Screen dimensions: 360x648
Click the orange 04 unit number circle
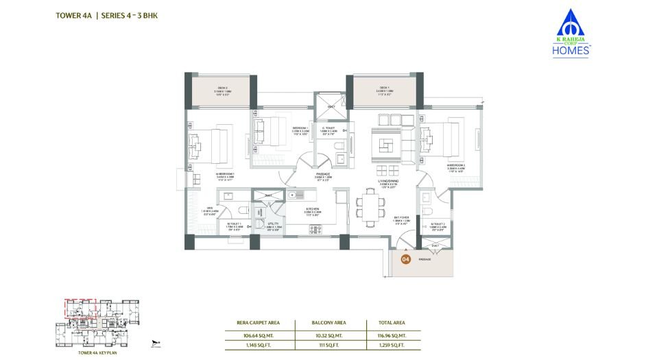click(405, 260)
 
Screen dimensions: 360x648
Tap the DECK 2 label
click(223, 88)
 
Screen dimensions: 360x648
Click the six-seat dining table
click(370, 207)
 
